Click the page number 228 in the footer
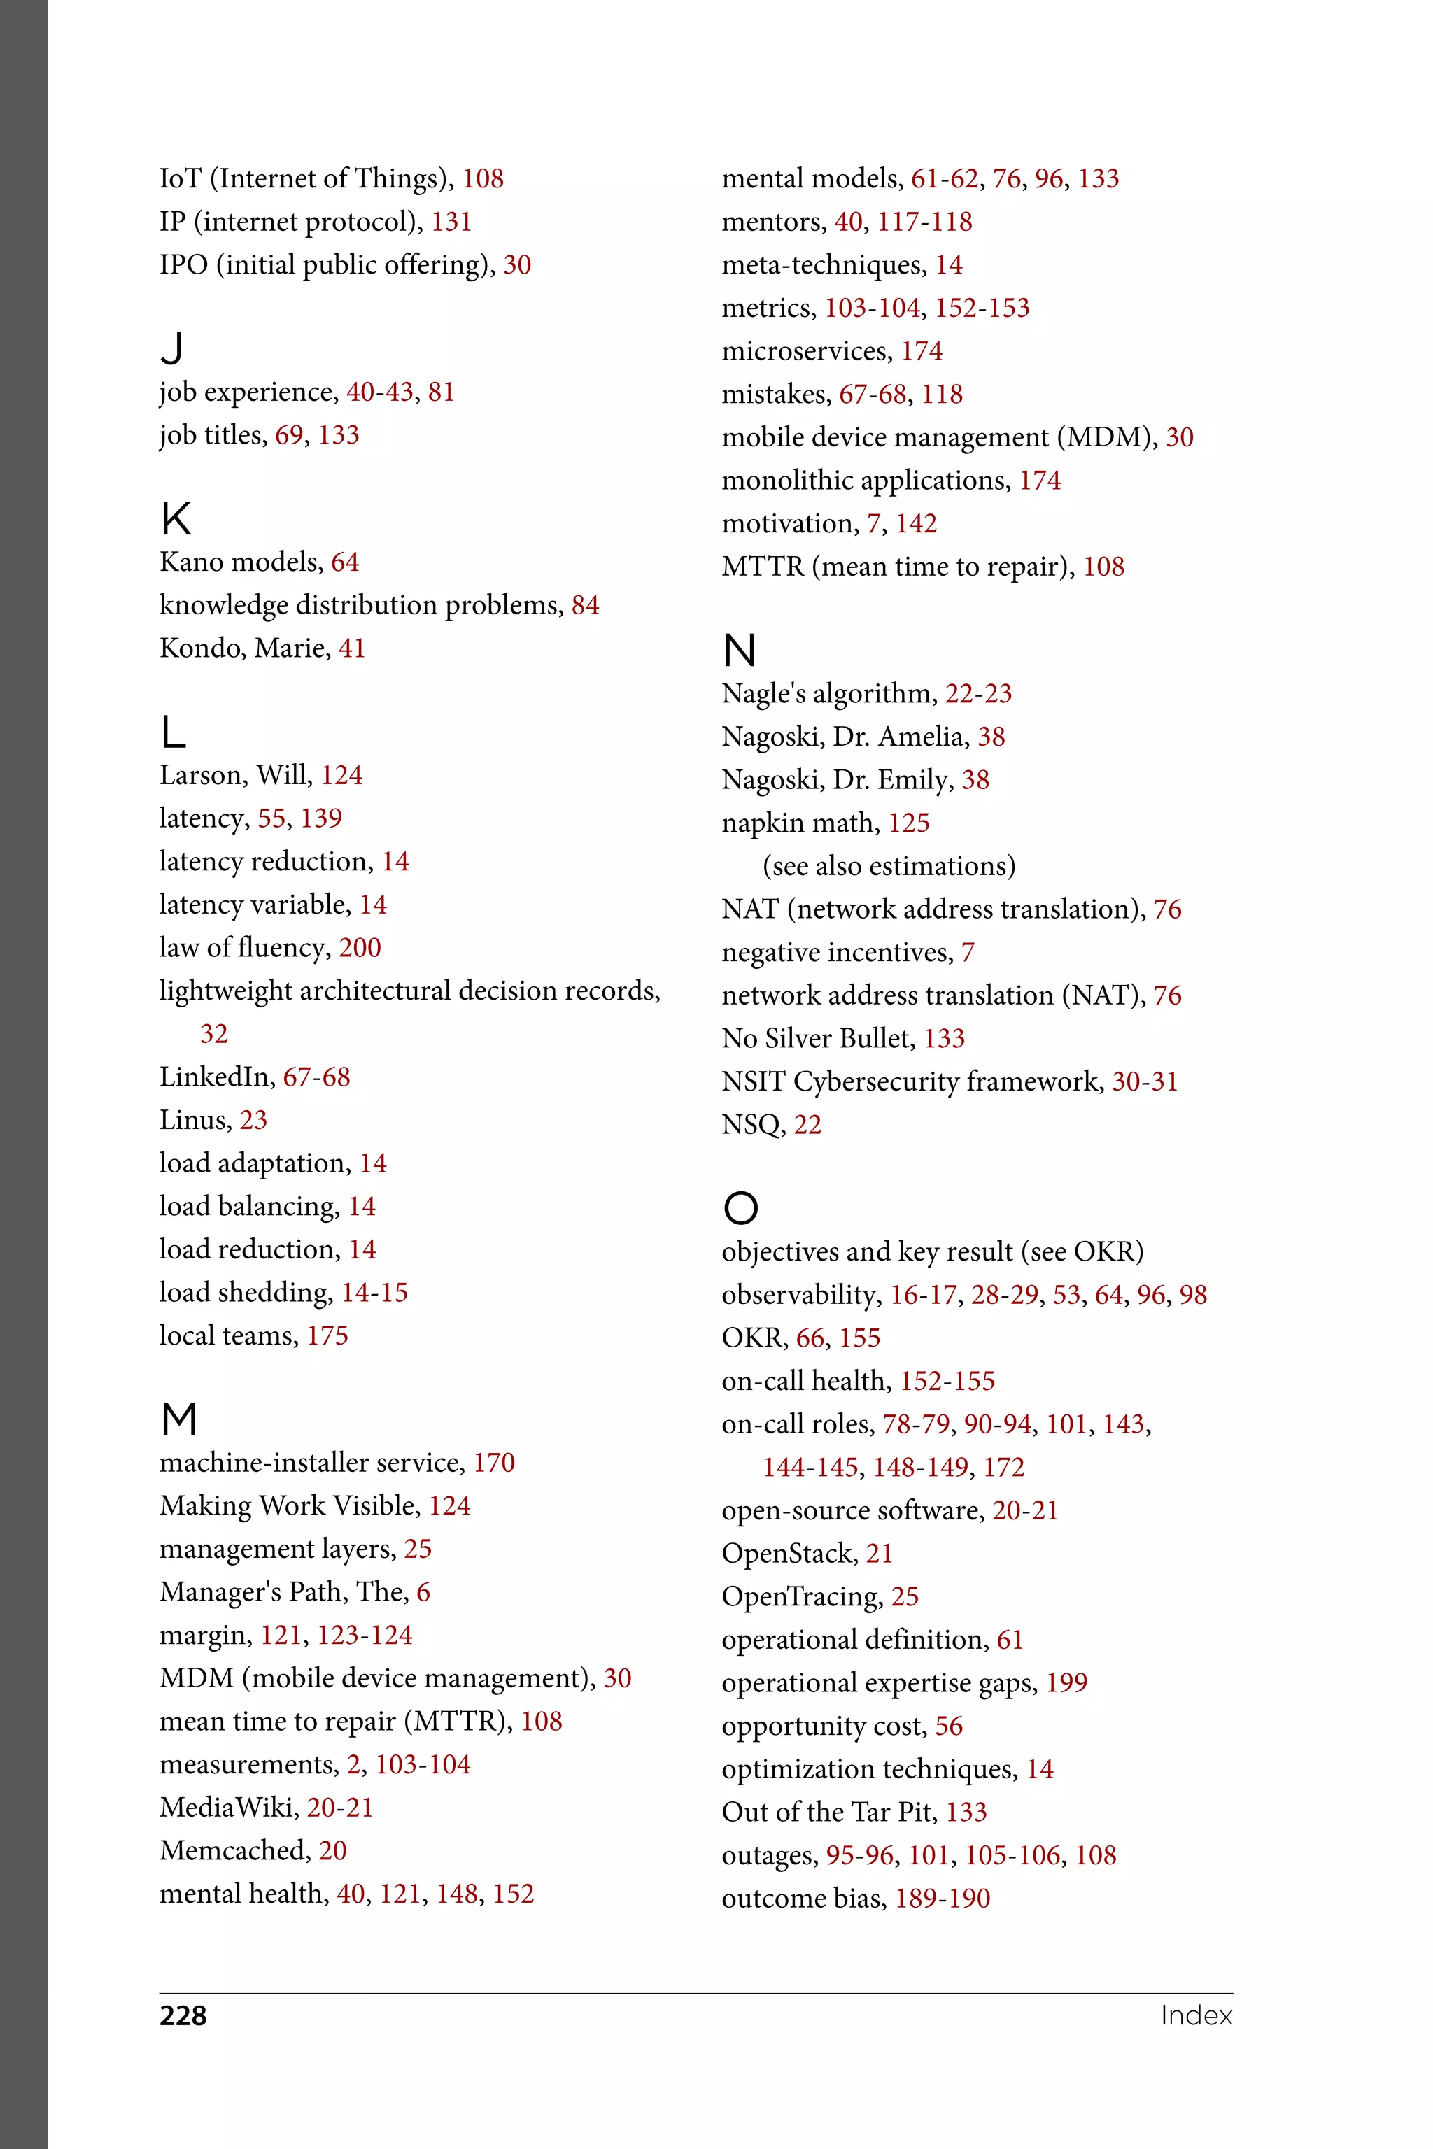[x=183, y=2015]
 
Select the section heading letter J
[x=172, y=348]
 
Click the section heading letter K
[x=176, y=518]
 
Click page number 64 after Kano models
[x=344, y=562]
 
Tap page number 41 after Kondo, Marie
[x=352, y=648]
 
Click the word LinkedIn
[x=217, y=1077]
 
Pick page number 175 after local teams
[x=327, y=1336]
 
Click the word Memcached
[x=235, y=1850]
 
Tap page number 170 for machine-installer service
[x=493, y=1463]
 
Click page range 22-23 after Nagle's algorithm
[x=978, y=693]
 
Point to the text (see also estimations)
[x=889, y=866]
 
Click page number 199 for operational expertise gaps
[x=1066, y=1683]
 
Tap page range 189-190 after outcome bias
[x=943, y=1899]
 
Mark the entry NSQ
[x=753, y=1125]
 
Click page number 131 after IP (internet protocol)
[x=451, y=222]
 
